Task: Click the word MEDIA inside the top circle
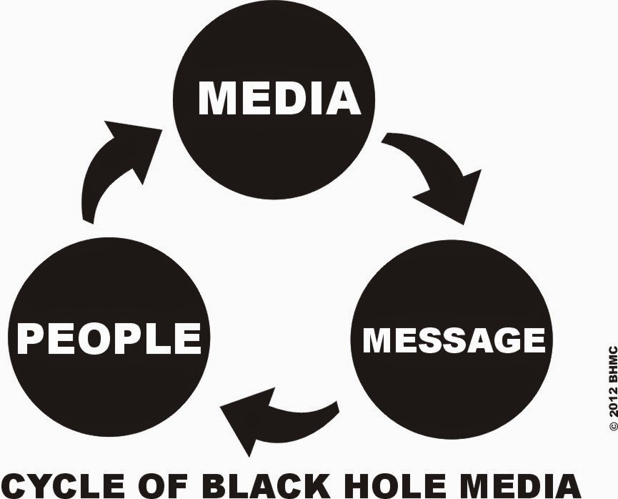[279, 98]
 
